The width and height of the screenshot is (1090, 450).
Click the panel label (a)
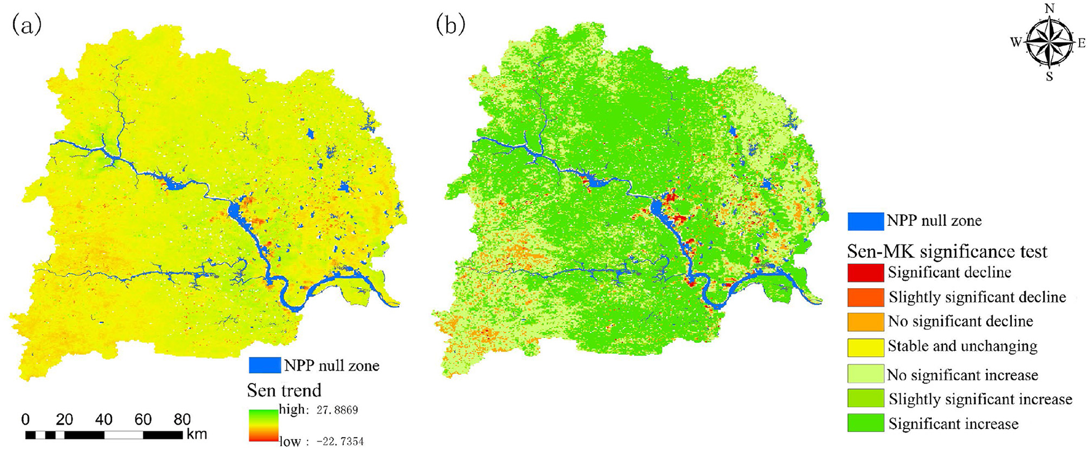pyautogui.click(x=26, y=25)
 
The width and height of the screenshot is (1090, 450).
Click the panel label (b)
pyautogui.click(x=450, y=24)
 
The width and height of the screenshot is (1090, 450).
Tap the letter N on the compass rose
pyautogui.click(x=1050, y=8)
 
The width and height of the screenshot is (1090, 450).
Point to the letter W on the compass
pyautogui.click(x=1016, y=42)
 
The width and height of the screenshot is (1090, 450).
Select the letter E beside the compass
pyautogui.click(x=1081, y=42)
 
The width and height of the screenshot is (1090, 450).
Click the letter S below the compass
pyautogui.click(x=1050, y=76)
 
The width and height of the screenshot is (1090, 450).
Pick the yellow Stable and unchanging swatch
pyautogui.click(x=865, y=347)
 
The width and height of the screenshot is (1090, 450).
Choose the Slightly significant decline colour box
pyautogui.click(x=865, y=297)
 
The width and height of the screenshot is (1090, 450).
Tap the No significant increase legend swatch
pyautogui.click(x=865, y=374)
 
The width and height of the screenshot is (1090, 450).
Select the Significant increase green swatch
pyautogui.click(x=865, y=424)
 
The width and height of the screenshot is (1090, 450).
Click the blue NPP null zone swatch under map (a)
pyautogui.click(x=265, y=365)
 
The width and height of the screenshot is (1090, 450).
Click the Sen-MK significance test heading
pyautogui.click(x=947, y=251)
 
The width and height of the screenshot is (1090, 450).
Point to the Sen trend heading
pyautogui.click(x=284, y=390)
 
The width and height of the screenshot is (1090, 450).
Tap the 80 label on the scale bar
pyautogui.click(x=182, y=420)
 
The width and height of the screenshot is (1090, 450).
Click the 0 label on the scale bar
pyautogui.click(x=25, y=420)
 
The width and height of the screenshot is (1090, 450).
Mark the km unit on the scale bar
pyautogui.click(x=197, y=435)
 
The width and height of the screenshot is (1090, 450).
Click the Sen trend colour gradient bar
pyautogui.click(x=263, y=425)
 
